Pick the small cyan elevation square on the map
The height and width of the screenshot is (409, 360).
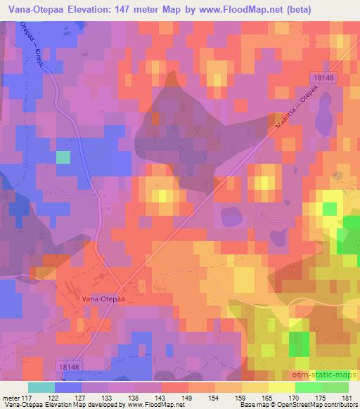coord(63,157)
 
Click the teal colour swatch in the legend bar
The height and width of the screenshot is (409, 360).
coord(41,387)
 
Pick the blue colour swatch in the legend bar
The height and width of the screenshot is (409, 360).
coord(68,387)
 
